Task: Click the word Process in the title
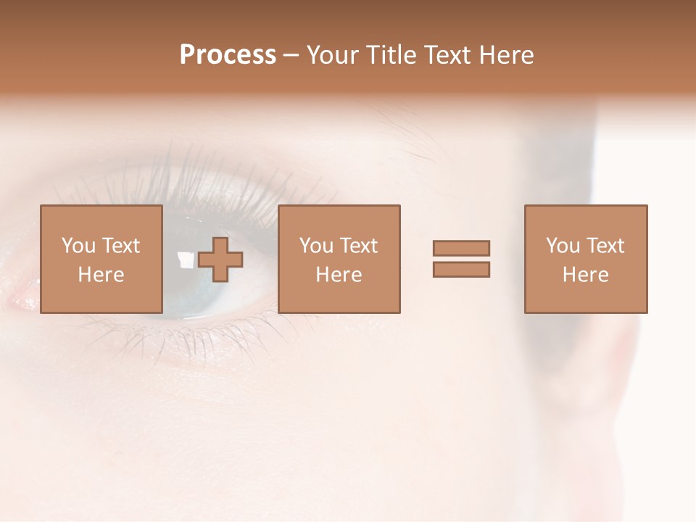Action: pos(228,55)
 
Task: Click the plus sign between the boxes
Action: pos(220,260)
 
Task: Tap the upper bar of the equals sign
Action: pos(461,248)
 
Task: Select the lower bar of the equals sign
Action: pos(461,270)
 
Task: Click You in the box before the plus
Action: pos(78,246)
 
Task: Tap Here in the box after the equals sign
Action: pos(585,275)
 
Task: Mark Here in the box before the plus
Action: pos(101,275)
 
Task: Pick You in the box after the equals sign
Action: pos(563,246)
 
